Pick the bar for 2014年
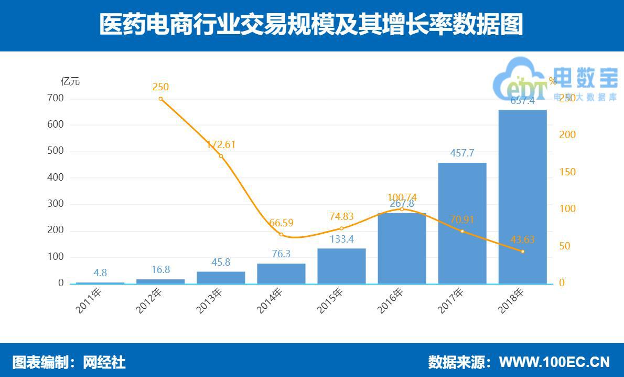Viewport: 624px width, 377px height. click(x=281, y=274)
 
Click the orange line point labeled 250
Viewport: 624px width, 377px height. click(x=160, y=99)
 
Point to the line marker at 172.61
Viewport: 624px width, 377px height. click(x=221, y=156)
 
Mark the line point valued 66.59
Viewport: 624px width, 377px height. click(x=281, y=234)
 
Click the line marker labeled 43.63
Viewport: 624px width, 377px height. click(x=522, y=251)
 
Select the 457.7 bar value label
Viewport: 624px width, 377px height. click(x=462, y=153)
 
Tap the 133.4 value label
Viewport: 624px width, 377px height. click(x=341, y=239)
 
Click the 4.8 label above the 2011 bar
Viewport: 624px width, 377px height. click(x=100, y=273)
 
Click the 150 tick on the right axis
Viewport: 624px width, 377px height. click(x=567, y=172)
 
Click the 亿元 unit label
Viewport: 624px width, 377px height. click(x=70, y=81)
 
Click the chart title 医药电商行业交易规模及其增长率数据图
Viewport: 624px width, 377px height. click(x=311, y=25)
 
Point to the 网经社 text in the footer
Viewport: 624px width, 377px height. click(x=104, y=362)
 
